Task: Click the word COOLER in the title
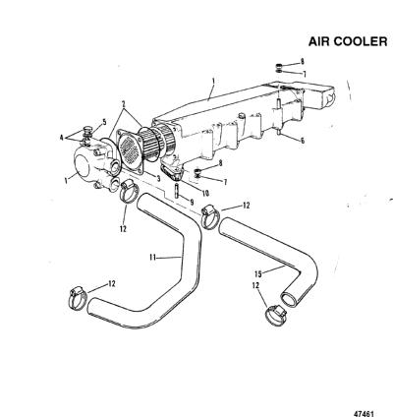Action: point(361,41)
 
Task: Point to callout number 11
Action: point(152,258)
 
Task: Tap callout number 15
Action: point(258,273)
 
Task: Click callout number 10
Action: point(205,193)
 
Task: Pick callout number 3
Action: point(158,179)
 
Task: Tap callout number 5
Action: point(104,122)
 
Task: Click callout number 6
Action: point(303,141)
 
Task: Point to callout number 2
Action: point(124,104)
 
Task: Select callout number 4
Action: point(62,138)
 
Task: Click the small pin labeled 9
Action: point(177,191)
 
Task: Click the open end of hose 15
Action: point(289,300)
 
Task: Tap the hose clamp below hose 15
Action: point(276,316)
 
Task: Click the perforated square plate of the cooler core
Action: point(131,150)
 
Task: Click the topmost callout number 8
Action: point(303,61)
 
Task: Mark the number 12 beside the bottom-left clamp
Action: point(112,284)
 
